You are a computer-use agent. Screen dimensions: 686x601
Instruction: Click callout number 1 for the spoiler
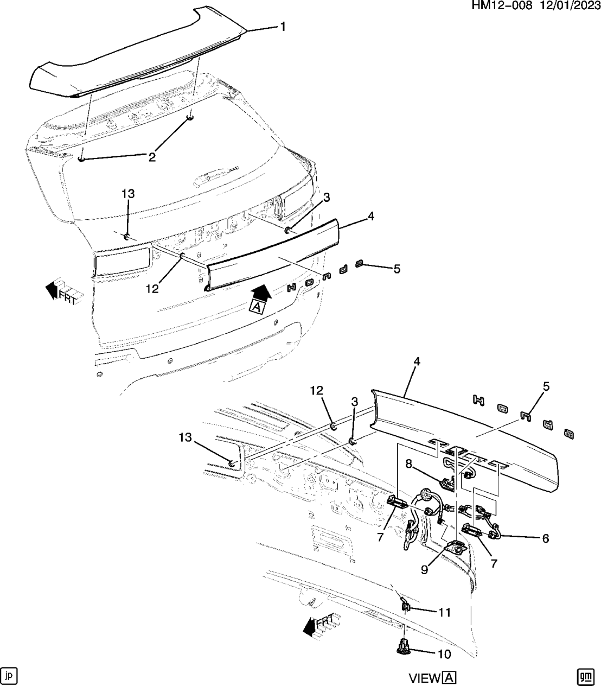pos(282,26)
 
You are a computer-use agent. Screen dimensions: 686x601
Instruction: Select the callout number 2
pos(152,157)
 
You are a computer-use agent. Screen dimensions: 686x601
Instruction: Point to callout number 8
pos(410,463)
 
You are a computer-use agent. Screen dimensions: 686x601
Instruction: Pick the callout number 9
pos(424,569)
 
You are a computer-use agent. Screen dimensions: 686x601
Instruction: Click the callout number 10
pos(444,654)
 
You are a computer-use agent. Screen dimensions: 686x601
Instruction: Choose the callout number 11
pos(445,612)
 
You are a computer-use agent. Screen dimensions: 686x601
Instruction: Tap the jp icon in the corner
pos(9,675)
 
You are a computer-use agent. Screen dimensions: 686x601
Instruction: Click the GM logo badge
pos(584,676)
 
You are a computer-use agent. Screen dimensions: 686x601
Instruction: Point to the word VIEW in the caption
pos(425,678)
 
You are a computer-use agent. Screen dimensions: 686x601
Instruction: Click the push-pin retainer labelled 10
pos(402,647)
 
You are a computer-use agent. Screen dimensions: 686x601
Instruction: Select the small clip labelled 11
pos(405,606)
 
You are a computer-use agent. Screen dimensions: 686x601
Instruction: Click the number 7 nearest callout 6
pos(494,563)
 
